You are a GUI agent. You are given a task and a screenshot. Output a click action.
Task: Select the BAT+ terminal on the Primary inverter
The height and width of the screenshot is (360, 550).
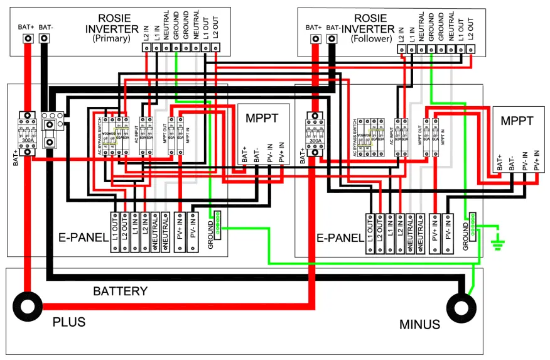28,40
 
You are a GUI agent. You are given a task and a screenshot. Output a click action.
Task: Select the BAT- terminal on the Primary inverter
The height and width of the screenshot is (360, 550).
45,40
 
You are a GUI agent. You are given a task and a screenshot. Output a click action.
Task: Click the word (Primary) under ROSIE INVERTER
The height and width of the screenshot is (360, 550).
111,38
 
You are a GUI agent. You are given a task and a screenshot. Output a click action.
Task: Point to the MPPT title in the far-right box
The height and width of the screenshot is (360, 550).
517,121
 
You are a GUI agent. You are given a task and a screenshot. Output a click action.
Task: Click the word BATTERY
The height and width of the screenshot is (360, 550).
120,292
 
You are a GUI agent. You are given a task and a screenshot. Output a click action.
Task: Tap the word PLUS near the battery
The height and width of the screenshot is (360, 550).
69,322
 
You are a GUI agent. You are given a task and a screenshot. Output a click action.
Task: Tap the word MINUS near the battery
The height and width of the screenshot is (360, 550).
420,325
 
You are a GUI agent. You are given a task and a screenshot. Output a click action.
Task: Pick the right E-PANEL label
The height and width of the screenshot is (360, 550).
340,238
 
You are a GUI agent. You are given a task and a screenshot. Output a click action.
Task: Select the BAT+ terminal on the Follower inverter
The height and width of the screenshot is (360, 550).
313,40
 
